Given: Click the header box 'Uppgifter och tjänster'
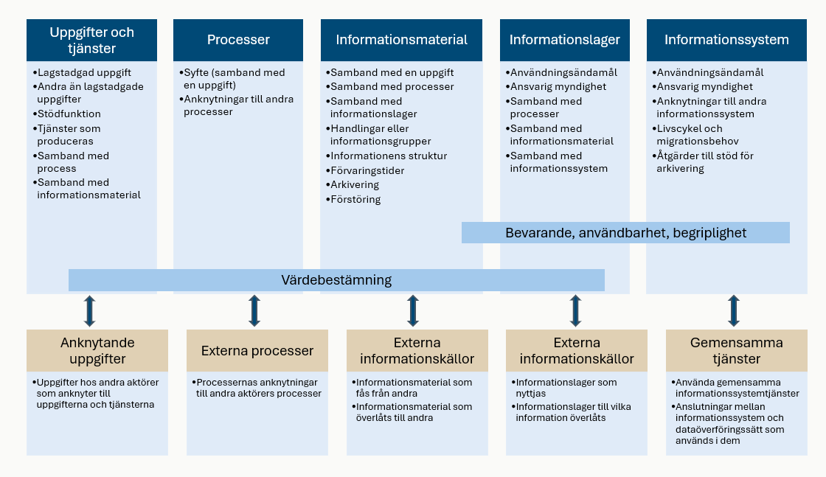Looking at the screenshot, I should click(91, 40).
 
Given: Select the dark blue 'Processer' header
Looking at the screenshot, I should click(238, 40).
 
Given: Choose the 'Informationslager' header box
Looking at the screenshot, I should click(564, 40).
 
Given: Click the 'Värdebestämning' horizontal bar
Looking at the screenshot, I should click(336, 280).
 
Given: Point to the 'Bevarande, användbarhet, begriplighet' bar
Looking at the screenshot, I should click(625, 233).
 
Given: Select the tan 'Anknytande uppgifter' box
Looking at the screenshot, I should click(92, 351).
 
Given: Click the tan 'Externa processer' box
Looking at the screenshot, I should click(257, 351).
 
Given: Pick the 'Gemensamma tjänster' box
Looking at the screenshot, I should click(736, 351).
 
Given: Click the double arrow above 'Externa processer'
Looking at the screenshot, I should click(254, 311).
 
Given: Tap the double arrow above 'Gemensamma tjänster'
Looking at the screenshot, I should click(734, 311).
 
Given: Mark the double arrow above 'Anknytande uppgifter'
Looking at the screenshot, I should click(89, 311).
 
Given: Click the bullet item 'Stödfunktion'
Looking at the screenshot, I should click(69, 114).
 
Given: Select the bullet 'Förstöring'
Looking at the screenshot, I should click(355, 199).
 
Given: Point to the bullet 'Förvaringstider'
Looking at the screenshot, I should click(367, 170).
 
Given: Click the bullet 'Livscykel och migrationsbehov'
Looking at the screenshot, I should click(697, 134).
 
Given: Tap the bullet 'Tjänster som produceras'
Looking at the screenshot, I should click(69, 134).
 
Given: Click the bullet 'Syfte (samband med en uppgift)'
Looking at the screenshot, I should click(234, 78).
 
